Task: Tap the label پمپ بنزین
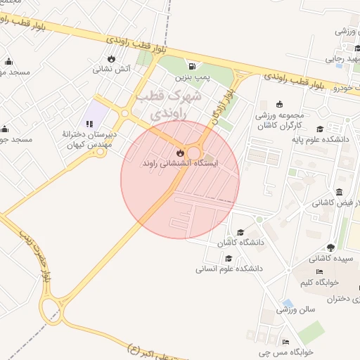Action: pos(192,75)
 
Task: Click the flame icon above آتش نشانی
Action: pos(110,59)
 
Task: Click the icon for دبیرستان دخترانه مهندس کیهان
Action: pos(89,124)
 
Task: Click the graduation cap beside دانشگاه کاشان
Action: pos(240,233)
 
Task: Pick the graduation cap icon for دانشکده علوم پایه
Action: pos(320,129)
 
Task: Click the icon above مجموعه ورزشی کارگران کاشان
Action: pos(280,104)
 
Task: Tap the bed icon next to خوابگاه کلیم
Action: pos(320,271)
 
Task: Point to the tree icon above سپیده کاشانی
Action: pos(330,247)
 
